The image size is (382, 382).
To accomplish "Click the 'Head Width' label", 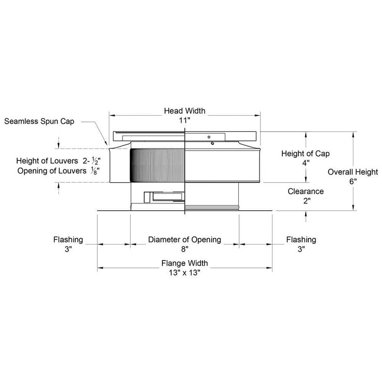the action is (185, 111).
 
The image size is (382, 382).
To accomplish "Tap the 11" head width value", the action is (184, 120).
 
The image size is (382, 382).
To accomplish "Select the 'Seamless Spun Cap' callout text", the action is (39, 121).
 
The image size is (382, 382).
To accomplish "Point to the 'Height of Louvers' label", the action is (47, 161).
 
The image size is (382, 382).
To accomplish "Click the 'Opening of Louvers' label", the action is (52, 171).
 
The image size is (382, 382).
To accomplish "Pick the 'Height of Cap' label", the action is (306, 154).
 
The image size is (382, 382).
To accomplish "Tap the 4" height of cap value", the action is (306, 163).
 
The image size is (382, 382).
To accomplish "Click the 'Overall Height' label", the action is (353, 172).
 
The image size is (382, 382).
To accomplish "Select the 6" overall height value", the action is (353, 182).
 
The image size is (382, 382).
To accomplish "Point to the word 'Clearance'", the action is (306, 192).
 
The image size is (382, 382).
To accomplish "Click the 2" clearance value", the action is (307, 201).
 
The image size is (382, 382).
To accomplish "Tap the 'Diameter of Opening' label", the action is (185, 239).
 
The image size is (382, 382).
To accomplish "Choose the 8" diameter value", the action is (185, 249).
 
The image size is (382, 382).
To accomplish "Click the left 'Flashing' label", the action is (68, 240).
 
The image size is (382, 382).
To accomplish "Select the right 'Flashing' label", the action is (301, 240).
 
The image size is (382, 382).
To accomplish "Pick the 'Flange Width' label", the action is (185, 263).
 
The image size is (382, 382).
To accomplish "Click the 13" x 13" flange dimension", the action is (185, 272).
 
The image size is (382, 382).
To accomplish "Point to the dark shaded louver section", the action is (157, 166).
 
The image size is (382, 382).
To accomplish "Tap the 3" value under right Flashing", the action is (302, 249).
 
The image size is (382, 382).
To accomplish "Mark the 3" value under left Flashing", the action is (69, 249).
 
